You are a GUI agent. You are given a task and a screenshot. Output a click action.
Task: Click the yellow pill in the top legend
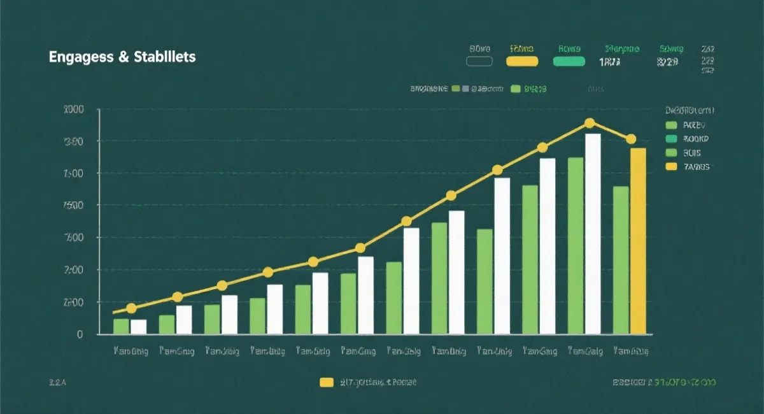(x=522, y=62)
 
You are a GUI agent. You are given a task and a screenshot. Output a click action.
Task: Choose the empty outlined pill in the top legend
(x=479, y=62)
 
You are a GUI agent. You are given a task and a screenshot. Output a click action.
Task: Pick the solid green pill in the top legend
(x=569, y=62)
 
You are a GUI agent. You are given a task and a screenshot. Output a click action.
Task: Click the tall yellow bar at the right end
(x=638, y=241)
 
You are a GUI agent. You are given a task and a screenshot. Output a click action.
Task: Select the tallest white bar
(x=593, y=234)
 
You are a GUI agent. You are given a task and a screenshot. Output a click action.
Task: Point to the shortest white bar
(x=138, y=327)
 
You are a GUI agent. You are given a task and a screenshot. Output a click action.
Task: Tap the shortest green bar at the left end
(x=121, y=326)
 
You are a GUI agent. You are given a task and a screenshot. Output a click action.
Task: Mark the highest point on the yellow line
(x=590, y=123)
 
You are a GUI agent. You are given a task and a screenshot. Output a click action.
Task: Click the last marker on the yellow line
(x=631, y=139)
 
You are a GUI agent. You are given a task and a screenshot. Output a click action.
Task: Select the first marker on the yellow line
(x=131, y=308)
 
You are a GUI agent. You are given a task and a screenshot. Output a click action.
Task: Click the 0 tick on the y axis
(x=80, y=334)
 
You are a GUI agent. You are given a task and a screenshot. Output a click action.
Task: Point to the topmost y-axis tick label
(x=74, y=110)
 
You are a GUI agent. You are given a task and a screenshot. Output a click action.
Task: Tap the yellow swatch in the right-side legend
(x=670, y=167)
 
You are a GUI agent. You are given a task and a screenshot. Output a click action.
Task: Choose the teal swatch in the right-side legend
(x=670, y=139)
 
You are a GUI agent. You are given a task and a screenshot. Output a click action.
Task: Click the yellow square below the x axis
(x=326, y=383)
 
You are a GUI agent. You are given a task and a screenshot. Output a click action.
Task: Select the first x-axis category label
(x=131, y=351)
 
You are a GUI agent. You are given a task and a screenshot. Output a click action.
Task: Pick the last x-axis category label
(x=630, y=351)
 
